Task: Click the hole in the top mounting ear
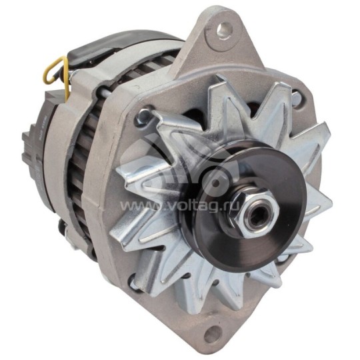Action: pyautogui.click(x=222, y=29)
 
